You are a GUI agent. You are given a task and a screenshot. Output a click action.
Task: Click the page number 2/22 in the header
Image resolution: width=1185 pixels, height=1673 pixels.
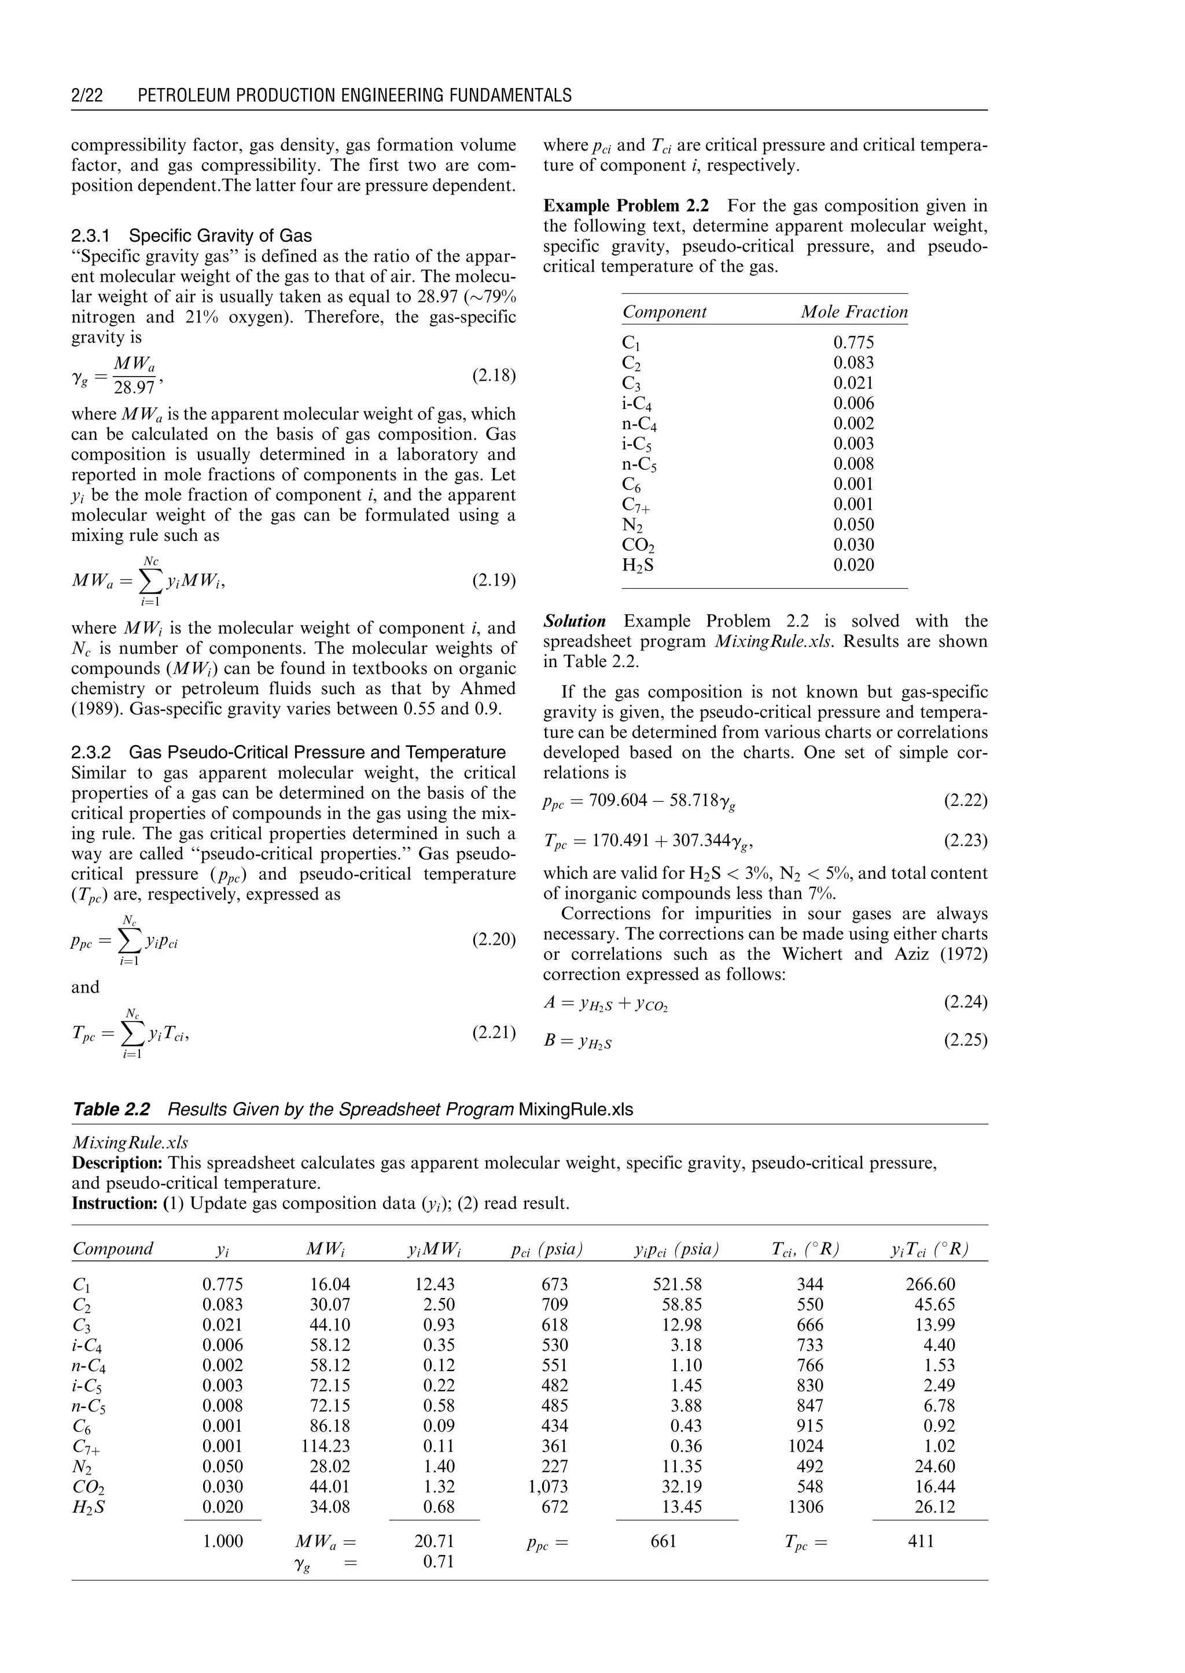tap(87, 95)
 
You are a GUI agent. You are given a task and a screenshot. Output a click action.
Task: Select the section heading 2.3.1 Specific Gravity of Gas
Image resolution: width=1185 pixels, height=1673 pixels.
tap(191, 235)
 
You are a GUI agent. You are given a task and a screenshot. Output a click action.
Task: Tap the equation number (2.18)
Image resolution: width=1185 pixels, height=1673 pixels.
tap(494, 376)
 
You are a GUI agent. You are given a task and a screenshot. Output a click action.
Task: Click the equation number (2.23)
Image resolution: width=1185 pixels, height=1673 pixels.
tap(965, 841)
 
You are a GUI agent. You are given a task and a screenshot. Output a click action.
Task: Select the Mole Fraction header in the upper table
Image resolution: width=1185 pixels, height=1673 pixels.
tap(853, 312)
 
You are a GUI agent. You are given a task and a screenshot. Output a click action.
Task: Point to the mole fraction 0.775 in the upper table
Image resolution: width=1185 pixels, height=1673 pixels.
tap(853, 343)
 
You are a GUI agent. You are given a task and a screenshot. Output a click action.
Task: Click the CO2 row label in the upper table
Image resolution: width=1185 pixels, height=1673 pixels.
tap(638, 545)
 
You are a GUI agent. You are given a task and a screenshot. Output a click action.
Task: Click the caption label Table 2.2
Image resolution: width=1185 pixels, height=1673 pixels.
tap(111, 1110)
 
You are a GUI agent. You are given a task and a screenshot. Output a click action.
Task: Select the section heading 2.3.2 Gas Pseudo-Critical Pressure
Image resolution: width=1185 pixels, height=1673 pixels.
tap(288, 752)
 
